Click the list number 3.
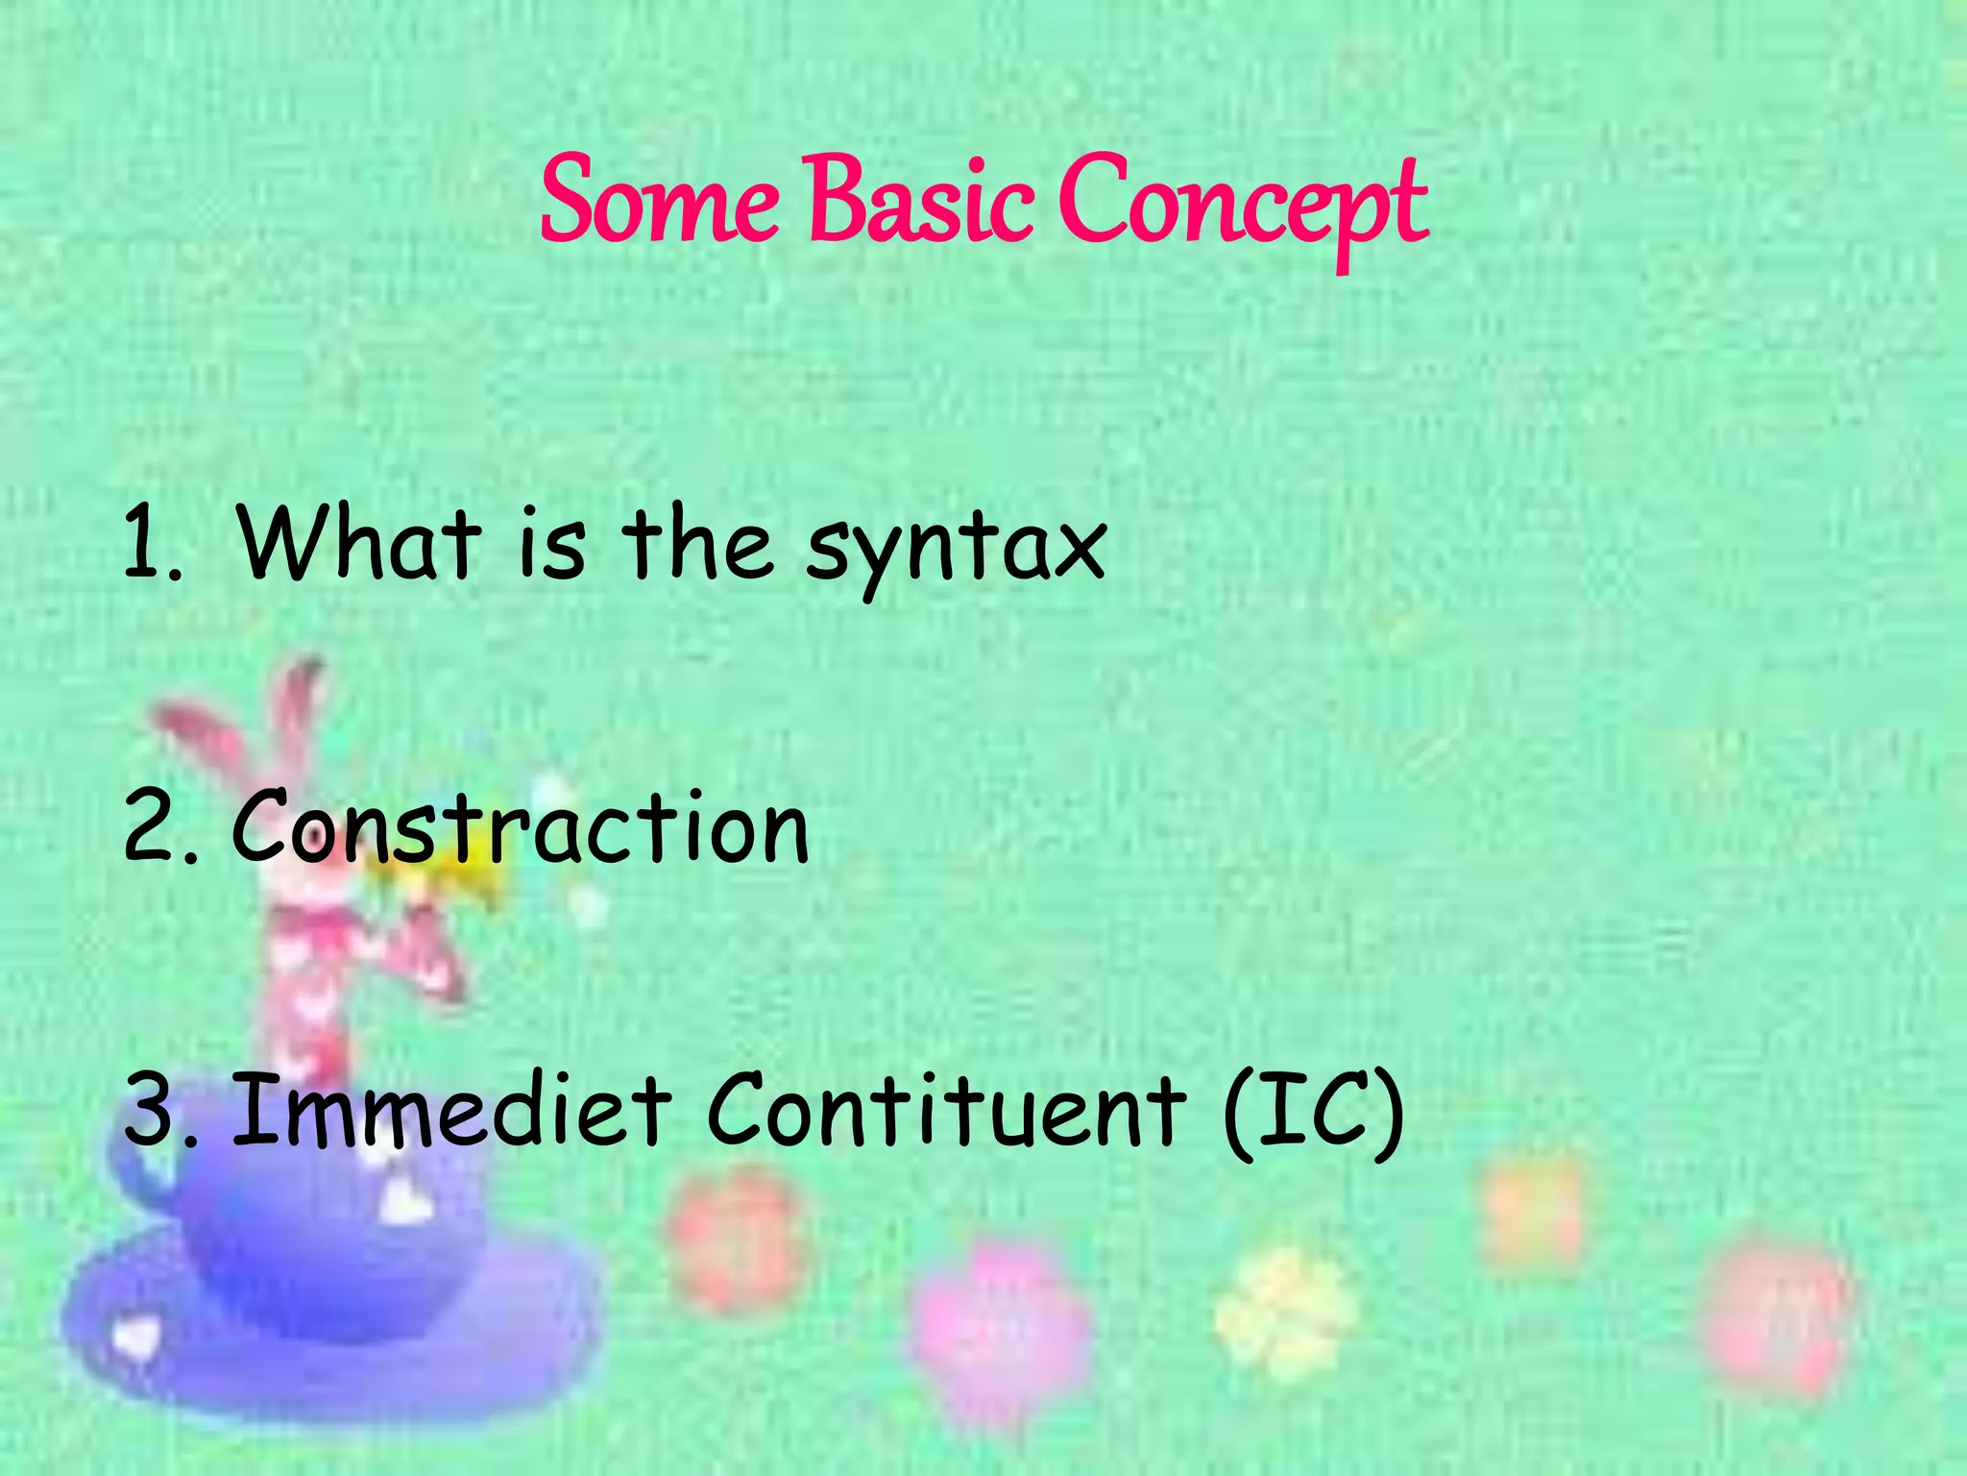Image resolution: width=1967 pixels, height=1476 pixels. [158, 1112]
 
